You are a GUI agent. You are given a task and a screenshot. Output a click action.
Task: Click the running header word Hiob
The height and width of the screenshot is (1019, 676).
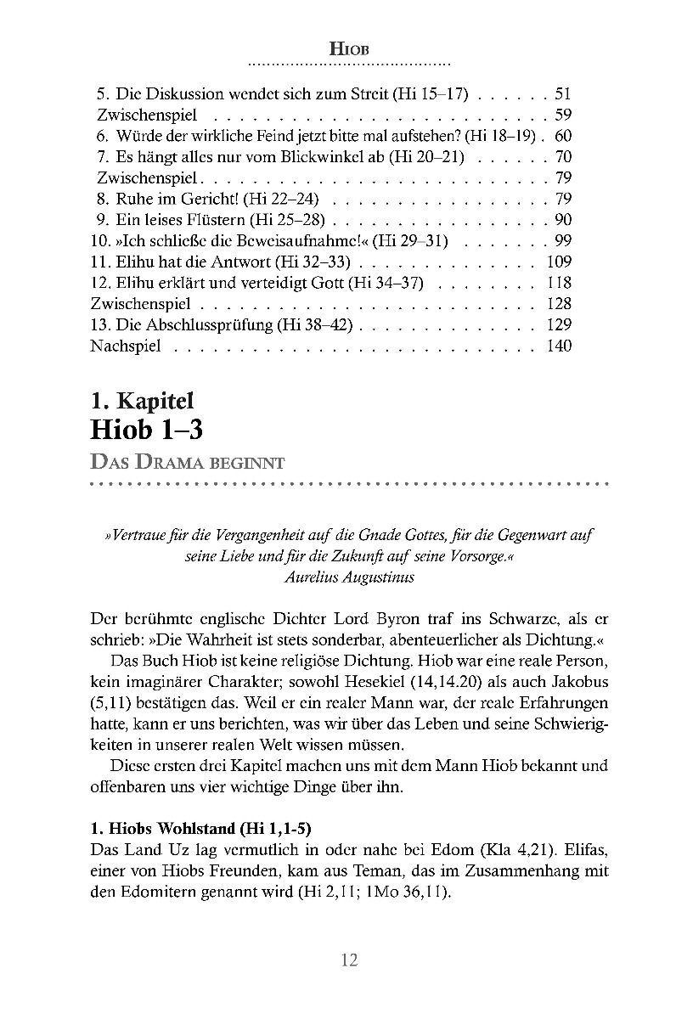(x=347, y=50)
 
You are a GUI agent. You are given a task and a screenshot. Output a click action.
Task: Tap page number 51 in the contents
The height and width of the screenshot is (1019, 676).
(x=562, y=95)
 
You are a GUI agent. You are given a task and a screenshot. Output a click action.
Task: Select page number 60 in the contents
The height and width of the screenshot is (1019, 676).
(x=562, y=137)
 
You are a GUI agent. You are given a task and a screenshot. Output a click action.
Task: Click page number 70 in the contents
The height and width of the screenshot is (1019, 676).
(x=562, y=157)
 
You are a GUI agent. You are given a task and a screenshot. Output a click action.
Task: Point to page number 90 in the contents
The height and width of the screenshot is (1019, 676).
(x=562, y=220)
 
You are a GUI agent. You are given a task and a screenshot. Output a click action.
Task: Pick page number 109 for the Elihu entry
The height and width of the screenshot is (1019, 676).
(x=559, y=262)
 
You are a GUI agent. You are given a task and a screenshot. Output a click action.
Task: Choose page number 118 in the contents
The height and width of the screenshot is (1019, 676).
(x=559, y=283)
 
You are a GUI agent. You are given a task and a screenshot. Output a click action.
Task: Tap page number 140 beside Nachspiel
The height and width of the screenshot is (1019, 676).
(x=559, y=346)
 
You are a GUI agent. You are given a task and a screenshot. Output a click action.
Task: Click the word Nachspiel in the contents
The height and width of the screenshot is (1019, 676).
(x=126, y=346)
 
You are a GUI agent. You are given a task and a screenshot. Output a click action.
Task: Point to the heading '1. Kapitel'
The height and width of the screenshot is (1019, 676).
(x=143, y=400)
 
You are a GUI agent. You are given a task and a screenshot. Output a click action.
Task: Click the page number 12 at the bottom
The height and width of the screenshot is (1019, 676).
(x=348, y=960)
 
